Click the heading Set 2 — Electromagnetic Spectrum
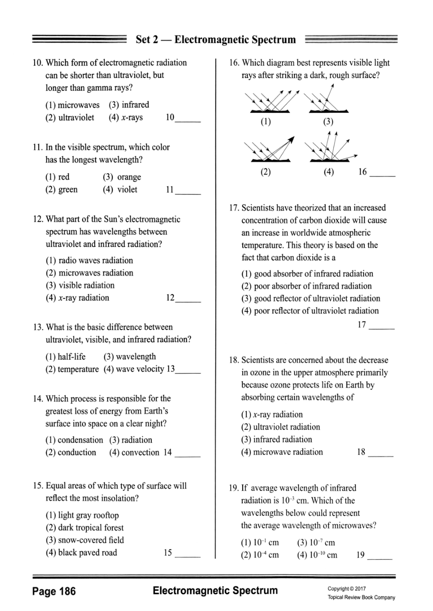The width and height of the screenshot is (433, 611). [x=216, y=40]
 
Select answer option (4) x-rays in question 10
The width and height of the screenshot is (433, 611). [x=126, y=118]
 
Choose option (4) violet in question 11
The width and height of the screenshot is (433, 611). [x=120, y=190]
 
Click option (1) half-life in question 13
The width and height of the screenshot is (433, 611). [x=66, y=357]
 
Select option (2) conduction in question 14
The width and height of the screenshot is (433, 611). [x=71, y=452]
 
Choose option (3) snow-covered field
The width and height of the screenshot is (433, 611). [x=85, y=540]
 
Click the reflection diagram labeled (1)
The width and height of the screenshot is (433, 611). [x=271, y=101]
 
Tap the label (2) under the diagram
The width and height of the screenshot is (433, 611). [x=266, y=172]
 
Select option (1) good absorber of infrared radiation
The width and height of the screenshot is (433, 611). [x=307, y=274]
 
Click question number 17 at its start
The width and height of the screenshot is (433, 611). [x=234, y=208]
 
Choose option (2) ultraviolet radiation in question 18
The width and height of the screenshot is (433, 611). [x=281, y=427]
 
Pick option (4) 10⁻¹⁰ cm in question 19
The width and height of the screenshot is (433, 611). [x=317, y=555]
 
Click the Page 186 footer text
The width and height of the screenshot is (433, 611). [x=54, y=592]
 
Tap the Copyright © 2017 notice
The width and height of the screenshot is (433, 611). [x=347, y=589]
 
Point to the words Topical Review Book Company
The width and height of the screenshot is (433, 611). [x=361, y=597]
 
